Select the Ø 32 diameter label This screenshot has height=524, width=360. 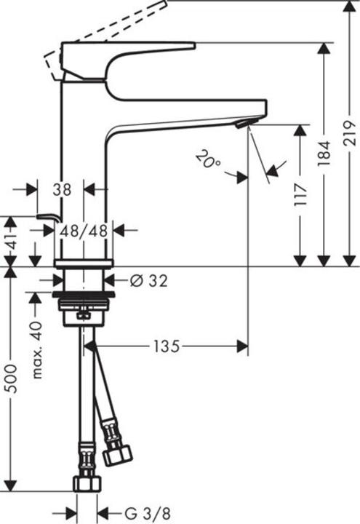click(x=148, y=280)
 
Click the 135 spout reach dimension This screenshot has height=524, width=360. click(x=166, y=347)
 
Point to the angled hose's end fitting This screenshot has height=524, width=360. click(x=117, y=453)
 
